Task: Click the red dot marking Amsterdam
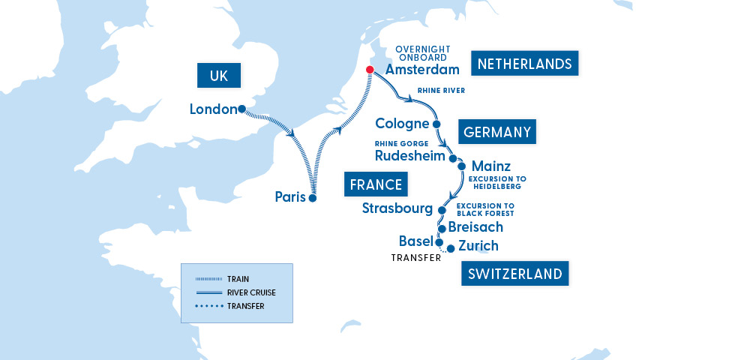tap(369, 70)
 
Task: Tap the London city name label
tap(213, 109)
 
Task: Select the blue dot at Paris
tap(313, 199)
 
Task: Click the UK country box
tap(218, 75)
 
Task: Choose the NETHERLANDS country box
tap(525, 64)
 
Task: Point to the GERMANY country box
tap(497, 132)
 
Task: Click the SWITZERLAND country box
tap(514, 274)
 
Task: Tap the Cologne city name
tap(402, 124)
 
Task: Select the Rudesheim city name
tap(409, 156)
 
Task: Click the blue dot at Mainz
tap(462, 166)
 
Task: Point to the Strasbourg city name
tap(397, 208)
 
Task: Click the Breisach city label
tap(475, 226)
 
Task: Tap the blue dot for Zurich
tap(450, 248)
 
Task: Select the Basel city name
tap(415, 241)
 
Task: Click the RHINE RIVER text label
tap(441, 91)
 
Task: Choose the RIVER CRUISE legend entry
tap(250, 292)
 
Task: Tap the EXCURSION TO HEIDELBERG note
tap(497, 183)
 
